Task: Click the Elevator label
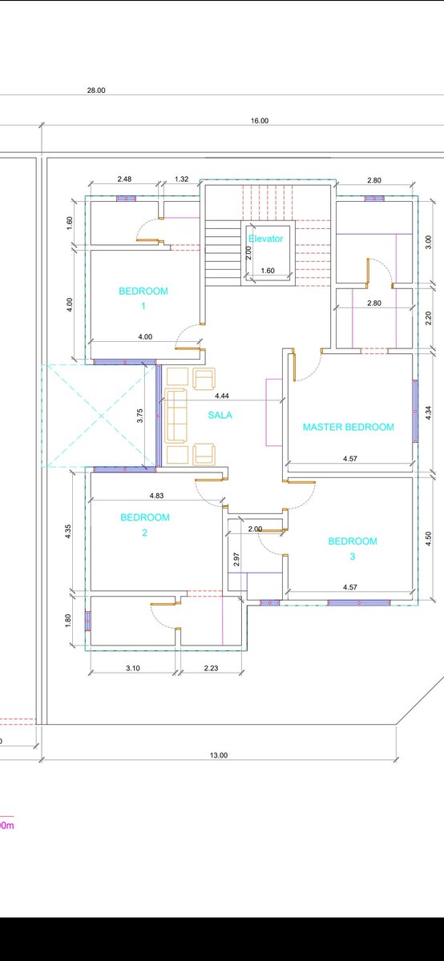coord(266,239)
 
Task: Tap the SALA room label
coord(220,415)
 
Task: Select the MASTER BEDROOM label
coord(349,427)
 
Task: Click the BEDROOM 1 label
coord(143,299)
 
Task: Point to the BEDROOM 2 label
coord(145,525)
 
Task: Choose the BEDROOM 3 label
coord(353,549)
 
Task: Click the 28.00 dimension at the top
coord(96,90)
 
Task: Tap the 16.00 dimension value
coord(260,121)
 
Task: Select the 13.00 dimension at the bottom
coord(219,755)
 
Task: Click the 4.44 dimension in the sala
coord(221,396)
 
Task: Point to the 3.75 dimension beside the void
coord(139,416)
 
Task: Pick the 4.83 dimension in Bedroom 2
coord(156,496)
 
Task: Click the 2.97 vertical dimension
coord(236,560)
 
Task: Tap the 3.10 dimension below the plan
coord(133,668)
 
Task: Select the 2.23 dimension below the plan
coord(211,668)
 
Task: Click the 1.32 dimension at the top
coord(181,179)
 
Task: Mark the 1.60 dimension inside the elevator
coord(268,271)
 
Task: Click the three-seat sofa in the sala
coord(176,416)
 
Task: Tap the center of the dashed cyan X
coord(101,416)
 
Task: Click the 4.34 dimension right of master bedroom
coord(428,412)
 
